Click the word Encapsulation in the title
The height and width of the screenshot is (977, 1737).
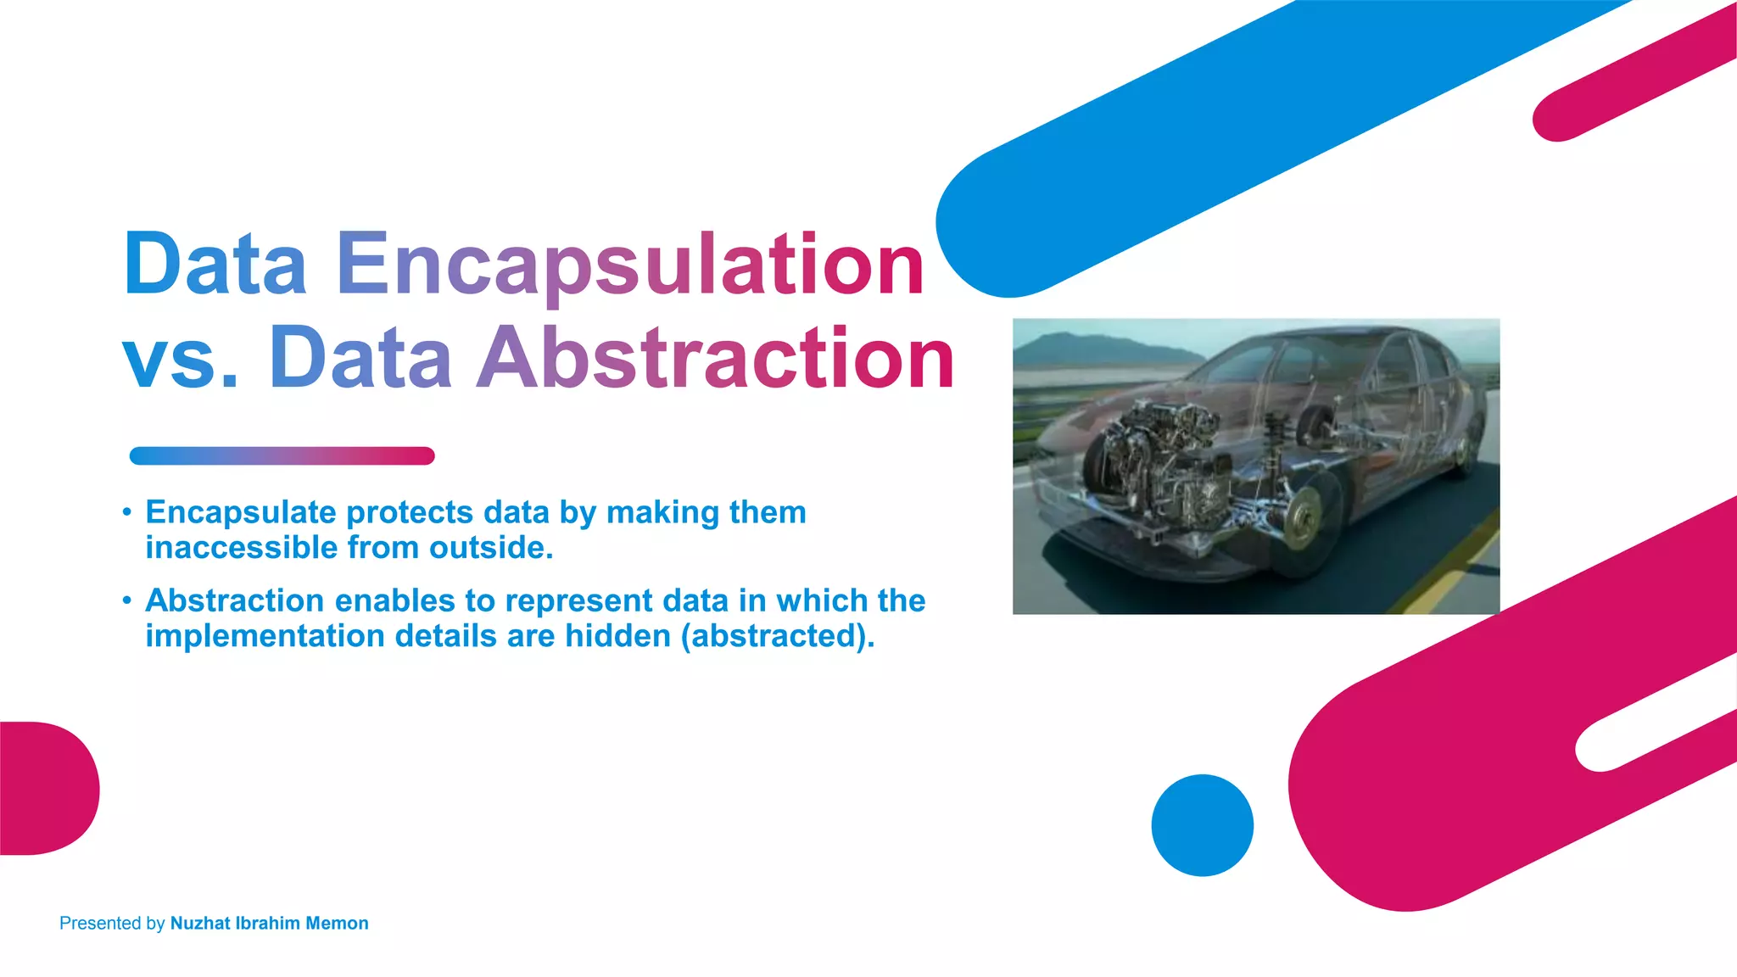tap(629, 265)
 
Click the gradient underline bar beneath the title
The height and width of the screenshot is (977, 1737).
tap(282, 456)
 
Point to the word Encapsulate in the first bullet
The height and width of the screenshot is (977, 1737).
tap(241, 512)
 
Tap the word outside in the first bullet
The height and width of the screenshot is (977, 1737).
tap(490, 548)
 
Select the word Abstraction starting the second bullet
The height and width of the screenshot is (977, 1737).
tap(234, 600)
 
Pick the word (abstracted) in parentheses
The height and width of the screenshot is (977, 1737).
tap(777, 636)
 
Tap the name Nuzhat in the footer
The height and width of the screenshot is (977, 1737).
tap(199, 924)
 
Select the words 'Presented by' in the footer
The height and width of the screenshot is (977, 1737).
tap(111, 924)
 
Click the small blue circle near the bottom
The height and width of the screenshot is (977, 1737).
tap(1202, 825)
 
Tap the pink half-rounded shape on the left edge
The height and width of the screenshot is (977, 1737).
tap(47, 788)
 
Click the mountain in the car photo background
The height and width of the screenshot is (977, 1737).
tap(1094, 348)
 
